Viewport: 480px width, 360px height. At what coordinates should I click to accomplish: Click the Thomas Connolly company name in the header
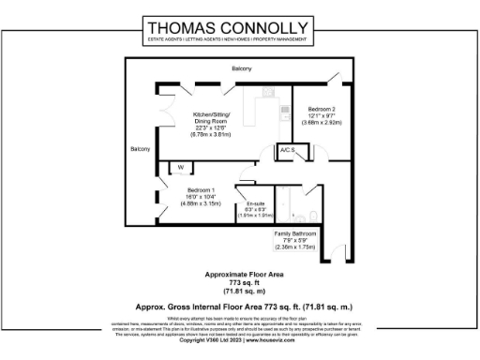239,27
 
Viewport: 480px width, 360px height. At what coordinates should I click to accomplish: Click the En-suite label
255,203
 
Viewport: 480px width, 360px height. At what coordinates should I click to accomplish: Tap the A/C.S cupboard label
286,150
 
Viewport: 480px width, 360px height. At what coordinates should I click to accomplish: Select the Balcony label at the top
242,69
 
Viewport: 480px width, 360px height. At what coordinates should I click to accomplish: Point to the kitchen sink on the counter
267,91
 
